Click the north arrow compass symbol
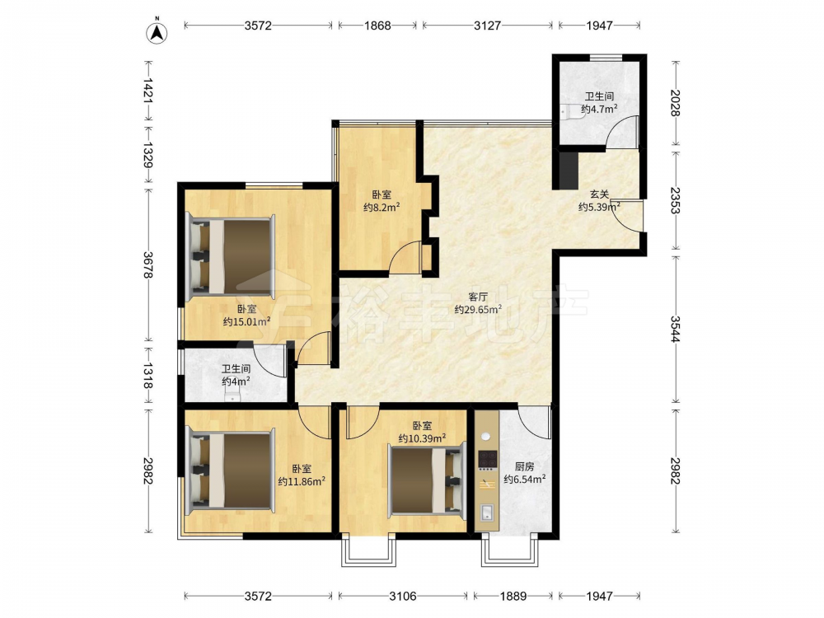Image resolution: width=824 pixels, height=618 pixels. click(x=157, y=31)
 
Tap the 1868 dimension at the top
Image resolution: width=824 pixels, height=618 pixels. click(x=377, y=26)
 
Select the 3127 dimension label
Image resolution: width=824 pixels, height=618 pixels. click(x=487, y=26)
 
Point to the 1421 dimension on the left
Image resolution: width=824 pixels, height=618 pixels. click(x=148, y=91)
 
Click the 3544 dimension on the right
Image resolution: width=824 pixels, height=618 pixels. click(x=676, y=329)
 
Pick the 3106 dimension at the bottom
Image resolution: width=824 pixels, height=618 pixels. click(x=403, y=596)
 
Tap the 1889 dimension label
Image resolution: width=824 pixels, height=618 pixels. click(x=513, y=596)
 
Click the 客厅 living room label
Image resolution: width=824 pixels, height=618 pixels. click(x=478, y=297)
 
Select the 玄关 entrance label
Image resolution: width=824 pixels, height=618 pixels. click(x=599, y=195)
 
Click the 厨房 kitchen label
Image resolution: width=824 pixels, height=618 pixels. click(x=524, y=466)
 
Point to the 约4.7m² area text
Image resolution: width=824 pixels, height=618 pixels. click(x=599, y=110)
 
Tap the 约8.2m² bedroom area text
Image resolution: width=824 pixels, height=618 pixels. click(x=382, y=207)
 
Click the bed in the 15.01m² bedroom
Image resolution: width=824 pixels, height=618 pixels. click(x=231, y=256)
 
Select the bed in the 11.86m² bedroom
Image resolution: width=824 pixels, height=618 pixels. click(x=231, y=471)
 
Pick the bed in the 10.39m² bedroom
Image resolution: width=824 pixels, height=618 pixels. click(x=427, y=478)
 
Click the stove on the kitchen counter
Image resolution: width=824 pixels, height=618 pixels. click(x=487, y=460)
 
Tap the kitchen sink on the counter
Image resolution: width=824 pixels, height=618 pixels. click(x=487, y=512)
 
